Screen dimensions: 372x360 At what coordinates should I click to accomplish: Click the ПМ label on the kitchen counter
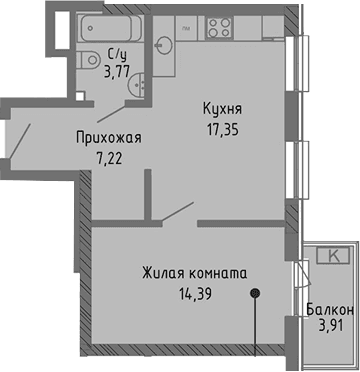187,31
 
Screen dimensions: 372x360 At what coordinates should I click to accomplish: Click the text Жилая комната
194,272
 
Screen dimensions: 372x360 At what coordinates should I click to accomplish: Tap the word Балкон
328,311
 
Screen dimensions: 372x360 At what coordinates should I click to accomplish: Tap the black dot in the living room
257,293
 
